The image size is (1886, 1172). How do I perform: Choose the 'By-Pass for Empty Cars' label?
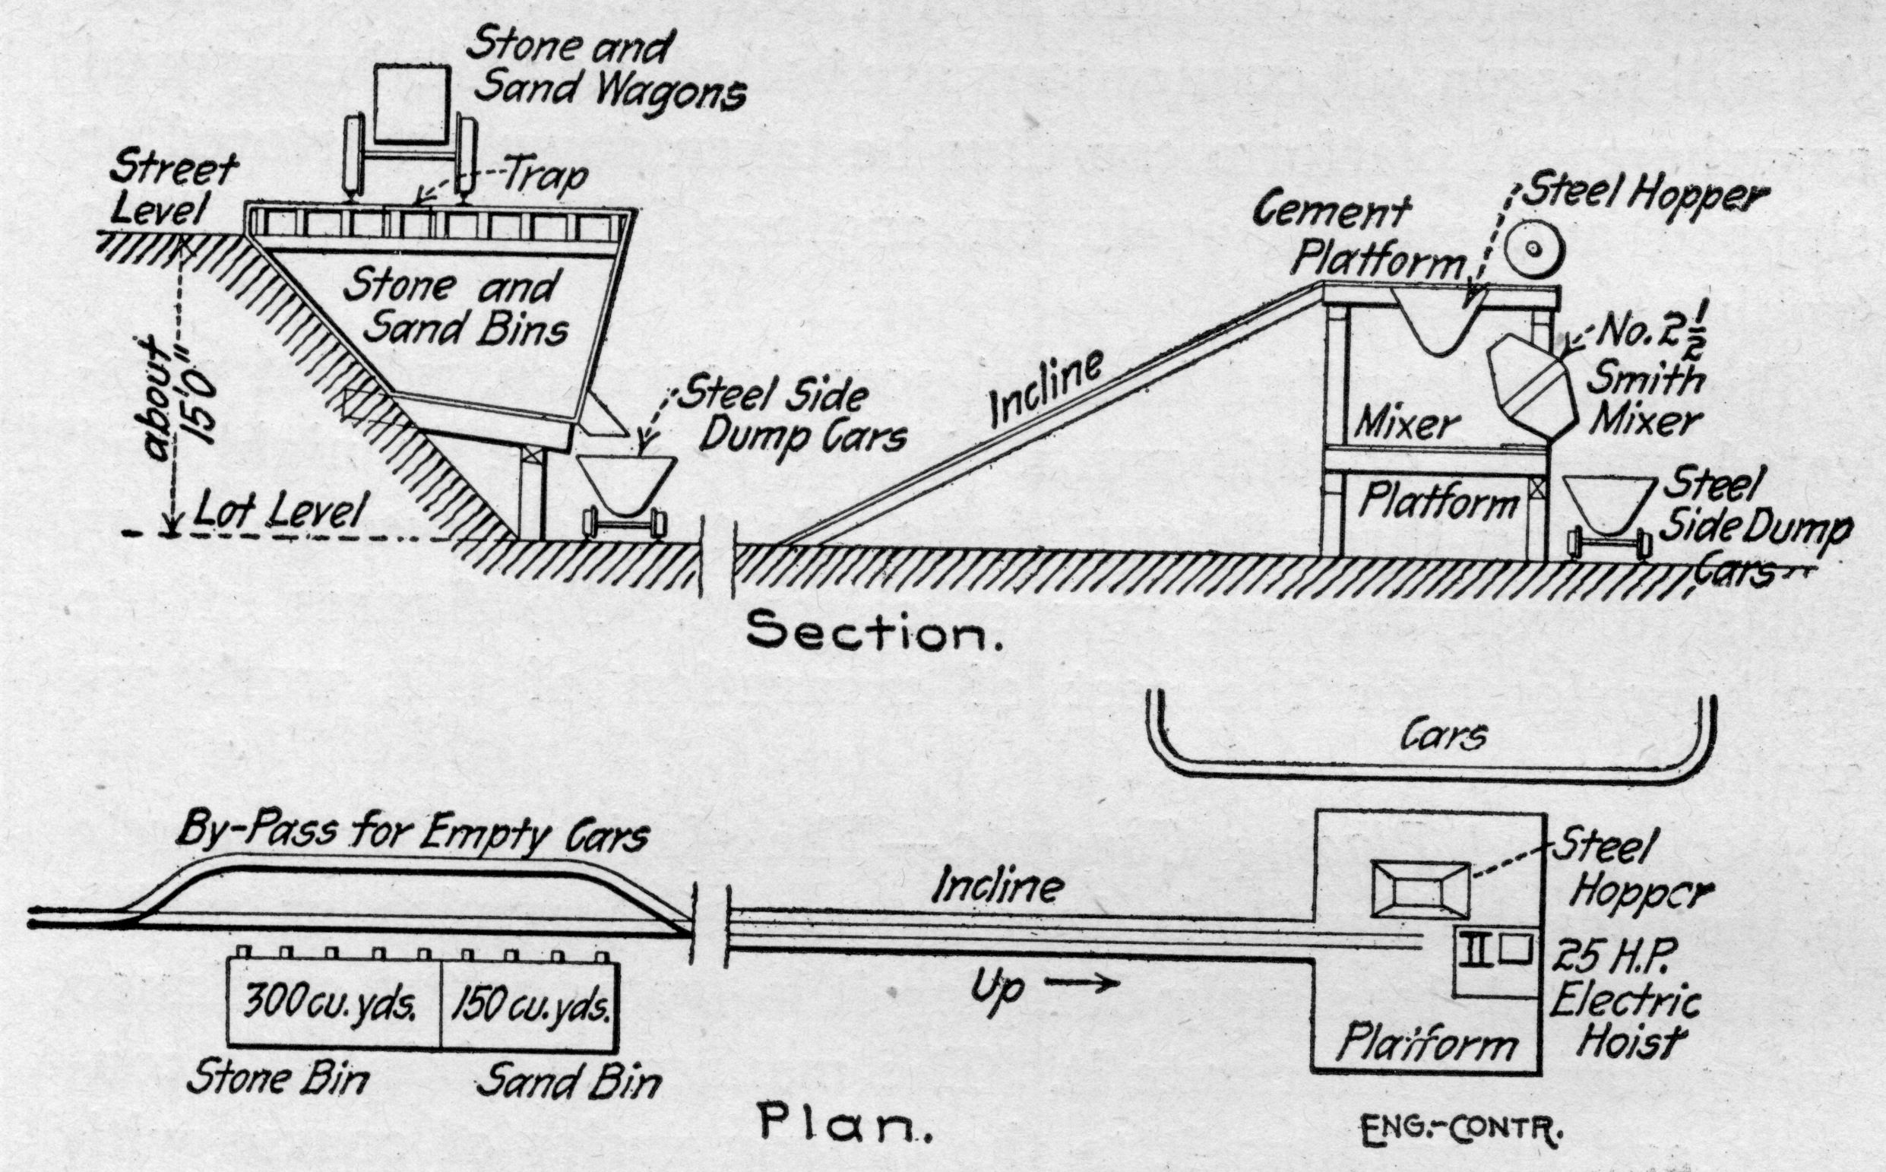412,835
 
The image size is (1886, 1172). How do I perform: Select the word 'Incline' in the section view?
1046,390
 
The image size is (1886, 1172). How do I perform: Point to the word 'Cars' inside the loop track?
1444,737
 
